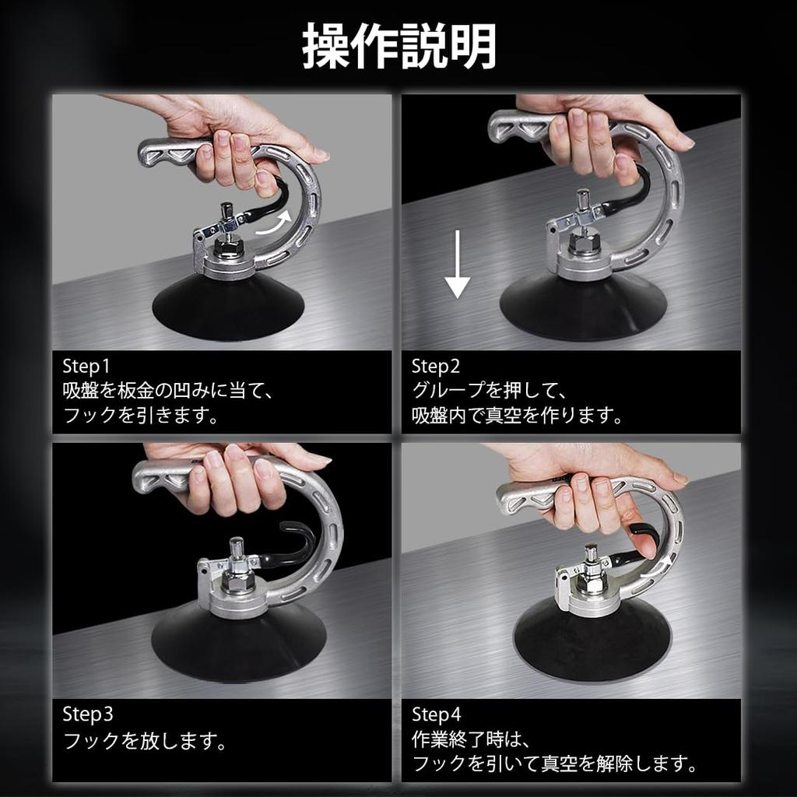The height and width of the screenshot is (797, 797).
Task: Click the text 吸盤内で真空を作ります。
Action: coord(518,415)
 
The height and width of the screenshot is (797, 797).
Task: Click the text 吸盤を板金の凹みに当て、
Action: coord(167,391)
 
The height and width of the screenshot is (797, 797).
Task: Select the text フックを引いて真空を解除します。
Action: coord(553,763)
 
